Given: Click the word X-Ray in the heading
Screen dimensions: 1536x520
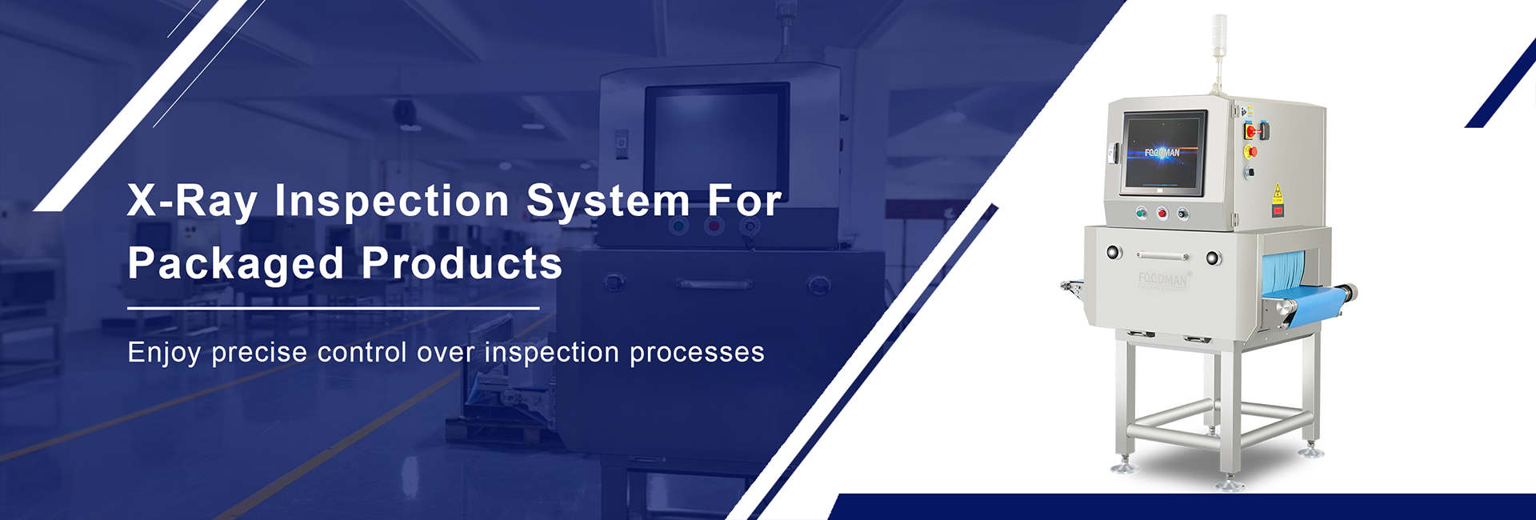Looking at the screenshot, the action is click(192, 200).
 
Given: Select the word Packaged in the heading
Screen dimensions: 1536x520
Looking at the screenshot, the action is click(236, 264).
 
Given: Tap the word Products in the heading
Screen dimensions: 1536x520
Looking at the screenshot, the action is click(462, 262).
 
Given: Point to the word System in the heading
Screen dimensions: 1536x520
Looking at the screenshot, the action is click(608, 200).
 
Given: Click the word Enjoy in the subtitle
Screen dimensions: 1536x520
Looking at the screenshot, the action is click(164, 353).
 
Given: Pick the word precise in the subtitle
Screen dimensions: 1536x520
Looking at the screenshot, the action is click(259, 353).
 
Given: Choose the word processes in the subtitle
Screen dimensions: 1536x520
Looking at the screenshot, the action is click(697, 353).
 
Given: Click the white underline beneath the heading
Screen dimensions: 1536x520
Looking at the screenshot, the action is click(333, 308).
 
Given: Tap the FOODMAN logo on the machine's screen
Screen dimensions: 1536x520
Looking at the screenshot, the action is click(1162, 152).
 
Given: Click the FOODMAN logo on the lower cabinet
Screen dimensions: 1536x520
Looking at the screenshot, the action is click(1163, 279).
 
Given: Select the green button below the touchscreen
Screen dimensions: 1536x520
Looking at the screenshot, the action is click(1142, 213).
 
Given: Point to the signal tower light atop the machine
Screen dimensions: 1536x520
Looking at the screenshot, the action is click(1219, 48).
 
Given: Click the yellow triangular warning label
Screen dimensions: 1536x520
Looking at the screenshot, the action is click(1278, 194).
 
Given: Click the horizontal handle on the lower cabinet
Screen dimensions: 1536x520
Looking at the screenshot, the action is click(1162, 257).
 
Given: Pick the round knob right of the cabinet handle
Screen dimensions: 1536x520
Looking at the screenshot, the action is click(1213, 258).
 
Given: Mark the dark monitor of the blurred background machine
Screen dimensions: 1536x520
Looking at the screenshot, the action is click(716, 144).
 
